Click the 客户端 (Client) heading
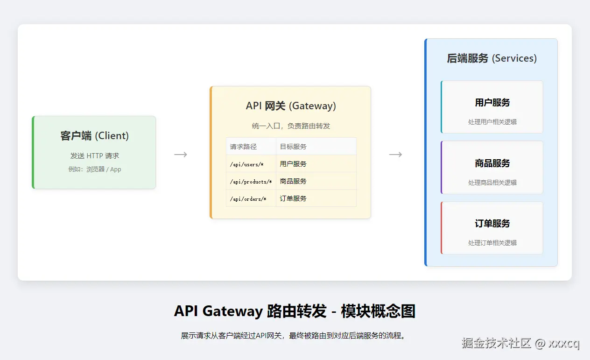pyautogui.click(x=94, y=136)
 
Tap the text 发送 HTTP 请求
pyautogui.click(x=94, y=156)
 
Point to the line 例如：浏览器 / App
pyautogui.click(x=94, y=169)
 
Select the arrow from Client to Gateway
pyautogui.click(x=181, y=155)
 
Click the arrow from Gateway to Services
pyautogui.click(x=395, y=155)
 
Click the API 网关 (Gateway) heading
pyautogui.click(x=290, y=106)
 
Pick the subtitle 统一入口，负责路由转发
pyautogui.click(x=290, y=126)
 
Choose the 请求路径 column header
pyautogui.click(x=243, y=147)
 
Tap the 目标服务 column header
pyautogui.click(x=293, y=147)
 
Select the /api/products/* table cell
pyautogui.click(x=251, y=182)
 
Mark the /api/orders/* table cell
pyautogui.click(x=248, y=199)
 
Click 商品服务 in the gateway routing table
pyautogui.click(x=293, y=181)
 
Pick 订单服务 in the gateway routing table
pyautogui.click(x=293, y=198)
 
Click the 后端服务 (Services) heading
pyautogui.click(x=492, y=58)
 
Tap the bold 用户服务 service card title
pyautogui.click(x=492, y=103)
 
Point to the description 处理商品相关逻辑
pyautogui.click(x=492, y=183)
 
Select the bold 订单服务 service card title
pyautogui.click(x=492, y=224)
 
